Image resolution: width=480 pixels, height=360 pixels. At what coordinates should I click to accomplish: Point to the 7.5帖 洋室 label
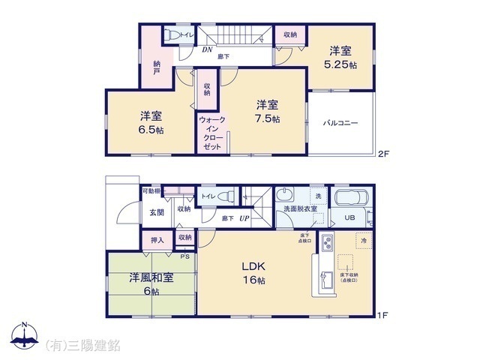266,111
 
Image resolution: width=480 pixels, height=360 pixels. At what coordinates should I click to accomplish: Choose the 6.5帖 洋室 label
151,122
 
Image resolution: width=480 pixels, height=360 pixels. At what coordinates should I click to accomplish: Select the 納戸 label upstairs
157,67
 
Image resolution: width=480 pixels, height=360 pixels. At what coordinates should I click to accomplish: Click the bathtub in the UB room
348,199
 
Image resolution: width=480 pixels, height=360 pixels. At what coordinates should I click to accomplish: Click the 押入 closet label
157,241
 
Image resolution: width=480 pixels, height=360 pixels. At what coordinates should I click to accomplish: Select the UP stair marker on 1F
244,218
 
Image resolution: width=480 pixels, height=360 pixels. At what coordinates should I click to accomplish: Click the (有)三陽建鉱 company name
84,345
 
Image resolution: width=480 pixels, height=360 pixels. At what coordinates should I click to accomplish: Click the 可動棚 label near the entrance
151,191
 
